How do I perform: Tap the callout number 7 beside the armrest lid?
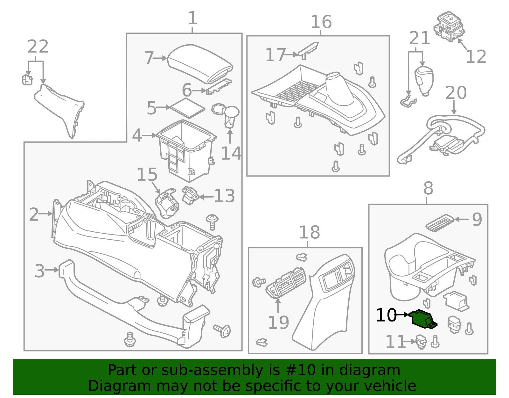click(149, 58)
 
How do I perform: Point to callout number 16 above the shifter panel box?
click(321, 22)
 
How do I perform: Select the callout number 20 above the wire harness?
click(456, 93)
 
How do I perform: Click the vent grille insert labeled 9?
click(440, 223)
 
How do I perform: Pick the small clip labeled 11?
click(421, 342)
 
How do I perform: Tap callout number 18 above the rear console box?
click(309, 232)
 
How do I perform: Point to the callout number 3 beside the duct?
click(39, 271)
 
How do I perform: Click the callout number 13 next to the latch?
click(224, 196)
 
